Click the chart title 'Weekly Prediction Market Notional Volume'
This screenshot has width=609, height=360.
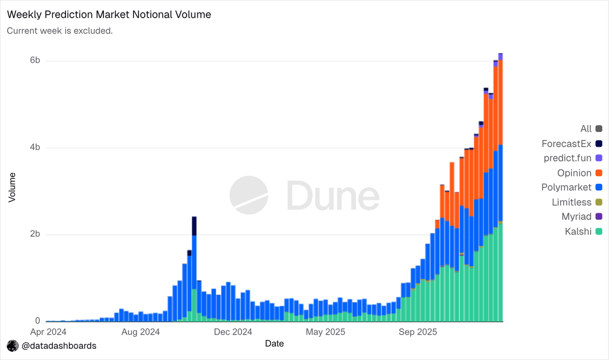109,15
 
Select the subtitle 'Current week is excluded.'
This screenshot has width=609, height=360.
60,31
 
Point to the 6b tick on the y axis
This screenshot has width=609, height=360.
35,60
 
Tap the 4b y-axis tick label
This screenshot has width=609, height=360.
35,147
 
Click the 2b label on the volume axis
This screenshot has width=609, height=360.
35,234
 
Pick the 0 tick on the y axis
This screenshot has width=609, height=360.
38,321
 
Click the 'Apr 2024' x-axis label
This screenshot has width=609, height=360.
48,332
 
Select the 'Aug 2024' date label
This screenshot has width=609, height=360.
141,332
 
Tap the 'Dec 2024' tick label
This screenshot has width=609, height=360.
233,332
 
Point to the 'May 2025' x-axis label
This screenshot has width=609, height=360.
325,332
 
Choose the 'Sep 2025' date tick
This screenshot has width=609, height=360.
418,332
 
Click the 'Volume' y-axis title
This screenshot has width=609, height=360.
12,187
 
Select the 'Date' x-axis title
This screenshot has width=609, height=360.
275,344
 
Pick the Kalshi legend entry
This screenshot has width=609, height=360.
584,232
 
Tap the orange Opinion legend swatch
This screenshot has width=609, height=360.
599,173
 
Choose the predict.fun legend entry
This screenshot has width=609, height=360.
573,158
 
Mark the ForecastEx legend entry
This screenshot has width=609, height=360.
572,144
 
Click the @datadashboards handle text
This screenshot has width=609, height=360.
59,346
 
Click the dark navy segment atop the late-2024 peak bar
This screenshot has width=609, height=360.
194,226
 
